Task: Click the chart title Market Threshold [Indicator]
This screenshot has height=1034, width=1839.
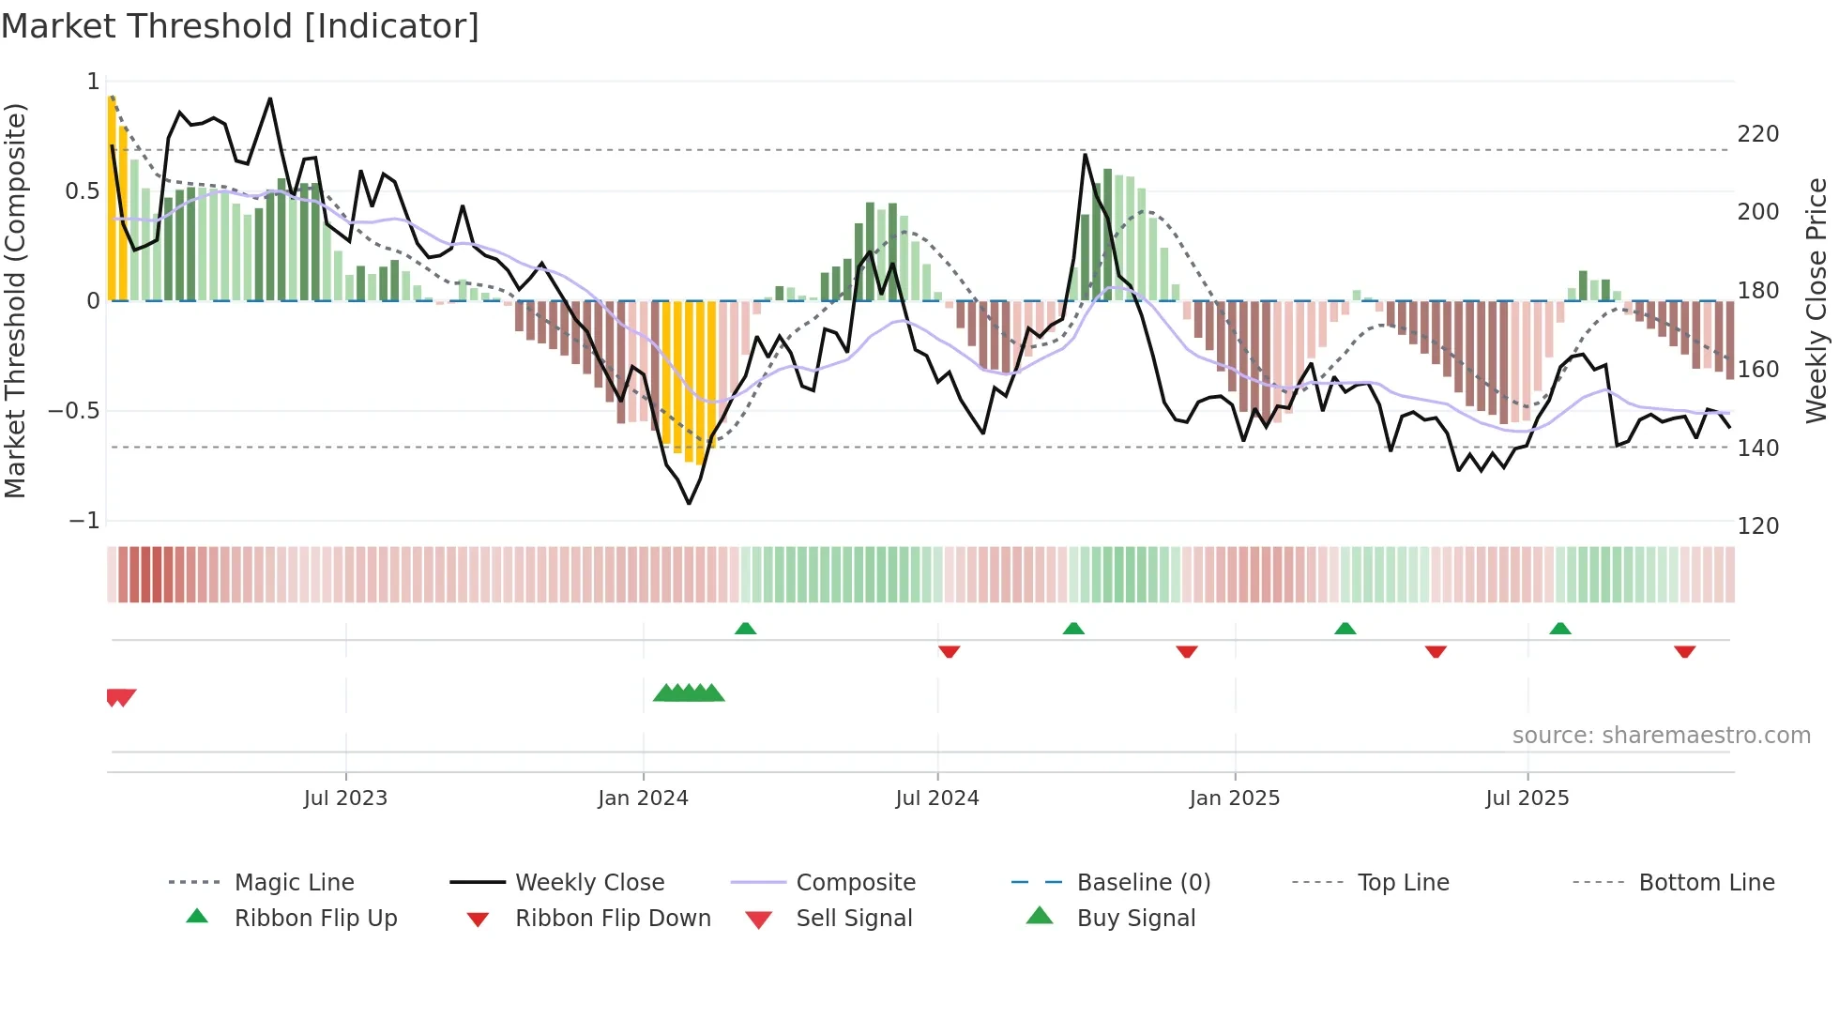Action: pyautogui.click(x=240, y=26)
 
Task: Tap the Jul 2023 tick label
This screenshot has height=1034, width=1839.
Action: pyautogui.click(x=345, y=798)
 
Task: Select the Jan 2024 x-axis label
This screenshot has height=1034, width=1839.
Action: pyautogui.click(x=643, y=798)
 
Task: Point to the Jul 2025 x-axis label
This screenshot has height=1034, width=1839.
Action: pyautogui.click(x=1527, y=798)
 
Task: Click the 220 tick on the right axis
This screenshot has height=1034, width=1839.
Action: pyautogui.click(x=1757, y=134)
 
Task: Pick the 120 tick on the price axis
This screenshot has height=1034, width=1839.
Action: pyautogui.click(x=1757, y=526)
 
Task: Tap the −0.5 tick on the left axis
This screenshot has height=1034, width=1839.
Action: pyautogui.click(x=74, y=411)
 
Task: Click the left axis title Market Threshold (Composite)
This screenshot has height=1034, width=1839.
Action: pyautogui.click(x=16, y=300)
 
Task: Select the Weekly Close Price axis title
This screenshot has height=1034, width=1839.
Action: pyautogui.click(x=1816, y=300)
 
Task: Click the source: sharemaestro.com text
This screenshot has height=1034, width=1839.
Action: pyautogui.click(x=1661, y=736)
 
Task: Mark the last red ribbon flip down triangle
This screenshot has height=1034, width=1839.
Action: pyautogui.click(x=1684, y=651)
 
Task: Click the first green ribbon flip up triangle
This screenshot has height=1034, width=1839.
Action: pyautogui.click(x=745, y=629)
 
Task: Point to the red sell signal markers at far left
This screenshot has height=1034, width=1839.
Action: pyautogui.click(x=121, y=697)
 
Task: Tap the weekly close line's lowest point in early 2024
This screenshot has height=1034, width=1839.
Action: pyautogui.click(x=689, y=504)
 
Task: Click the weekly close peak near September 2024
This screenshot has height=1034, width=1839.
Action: pyautogui.click(x=1085, y=155)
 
